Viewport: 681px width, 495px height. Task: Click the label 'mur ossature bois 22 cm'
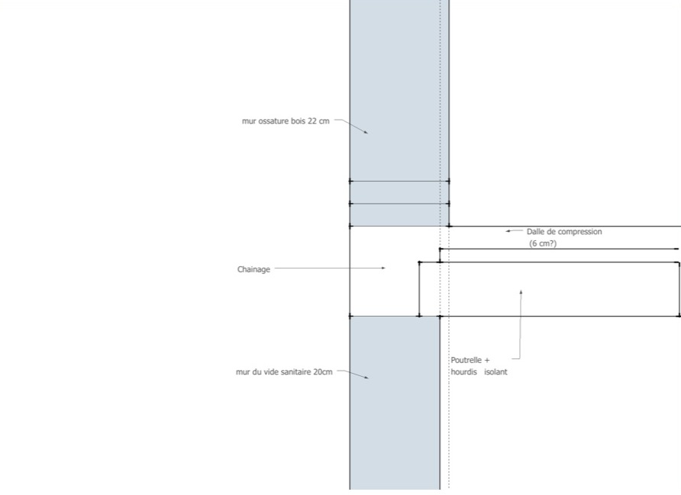pos(286,121)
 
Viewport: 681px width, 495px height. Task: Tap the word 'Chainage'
pos(253,269)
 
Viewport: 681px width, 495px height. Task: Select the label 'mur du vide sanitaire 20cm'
pos(284,372)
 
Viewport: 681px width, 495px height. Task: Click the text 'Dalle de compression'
pos(564,231)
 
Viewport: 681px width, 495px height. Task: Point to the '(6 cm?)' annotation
pos(543,243)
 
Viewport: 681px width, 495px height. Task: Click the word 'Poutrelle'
pos(466,360)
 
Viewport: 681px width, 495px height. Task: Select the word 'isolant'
pos(495,372)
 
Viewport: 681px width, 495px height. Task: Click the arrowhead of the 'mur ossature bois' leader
pos(366,133)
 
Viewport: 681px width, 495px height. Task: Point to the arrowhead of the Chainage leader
pos(384,268)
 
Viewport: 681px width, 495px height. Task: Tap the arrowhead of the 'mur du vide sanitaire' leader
pos(366,378)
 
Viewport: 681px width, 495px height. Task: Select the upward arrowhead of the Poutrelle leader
pos(521,292)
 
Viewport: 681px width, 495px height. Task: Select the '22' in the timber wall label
pos(312,121)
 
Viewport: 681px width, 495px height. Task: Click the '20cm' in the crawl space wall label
pos(323,372)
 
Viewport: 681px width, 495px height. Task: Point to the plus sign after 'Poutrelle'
pos(486,360)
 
